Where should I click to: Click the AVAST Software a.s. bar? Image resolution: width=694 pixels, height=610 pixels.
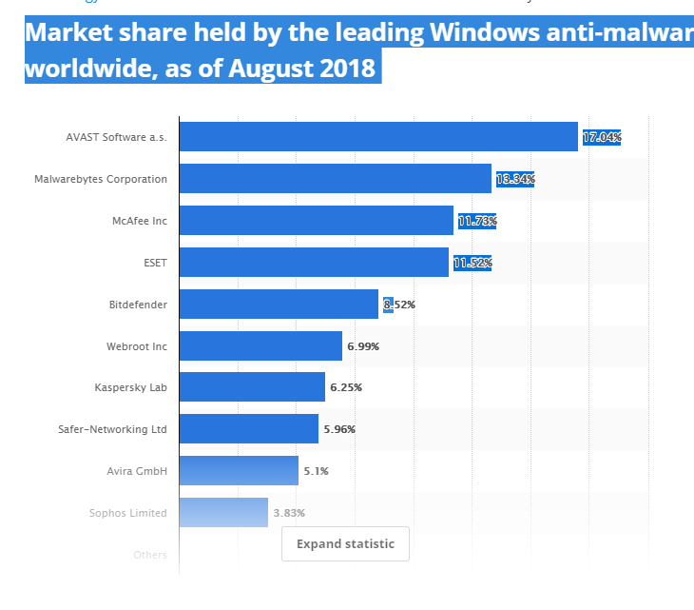point(378,137)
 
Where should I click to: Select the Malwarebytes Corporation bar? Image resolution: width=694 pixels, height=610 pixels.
point(335,179)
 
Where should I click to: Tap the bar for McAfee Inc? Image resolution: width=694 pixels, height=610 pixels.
point(316,221)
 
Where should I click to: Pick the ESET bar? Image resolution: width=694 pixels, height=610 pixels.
point(314,263)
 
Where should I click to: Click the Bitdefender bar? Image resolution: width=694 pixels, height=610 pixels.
point(279,305)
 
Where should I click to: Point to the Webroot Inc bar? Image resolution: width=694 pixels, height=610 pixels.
point(260,346)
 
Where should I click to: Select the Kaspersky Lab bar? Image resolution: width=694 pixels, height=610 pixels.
point(252,387)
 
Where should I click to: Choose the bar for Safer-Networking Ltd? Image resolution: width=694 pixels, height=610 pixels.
point(248,429)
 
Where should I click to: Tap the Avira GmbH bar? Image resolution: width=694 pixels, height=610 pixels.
point(239,471)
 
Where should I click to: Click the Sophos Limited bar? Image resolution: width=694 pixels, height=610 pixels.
point(223,513)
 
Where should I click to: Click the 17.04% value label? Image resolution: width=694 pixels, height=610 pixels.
point(602,138)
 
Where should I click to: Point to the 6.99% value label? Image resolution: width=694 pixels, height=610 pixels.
point(363,346)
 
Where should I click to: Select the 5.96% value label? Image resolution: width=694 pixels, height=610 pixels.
point(339,429)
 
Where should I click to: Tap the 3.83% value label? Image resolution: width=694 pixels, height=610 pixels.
point(289,513)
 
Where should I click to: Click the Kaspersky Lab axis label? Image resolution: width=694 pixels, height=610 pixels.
point(130,387)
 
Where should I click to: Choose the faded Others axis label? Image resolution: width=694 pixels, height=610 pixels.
point(150,555)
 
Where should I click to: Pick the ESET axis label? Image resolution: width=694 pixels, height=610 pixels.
point(154,263)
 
